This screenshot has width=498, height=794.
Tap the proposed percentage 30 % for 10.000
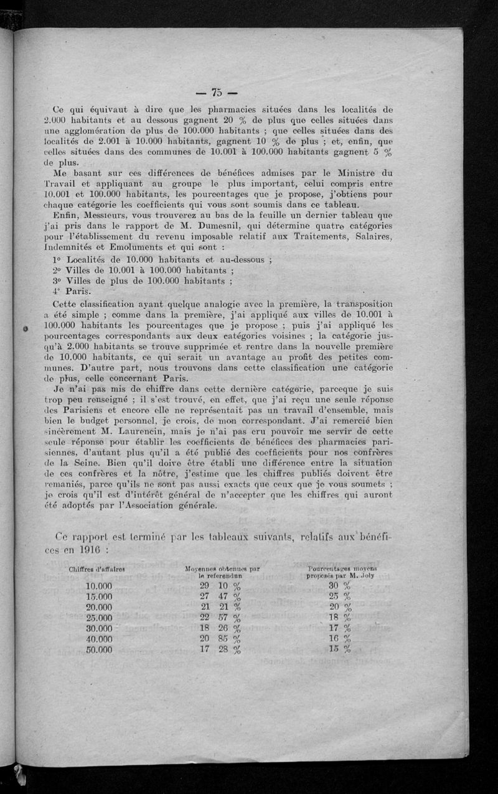[x=340, y=586]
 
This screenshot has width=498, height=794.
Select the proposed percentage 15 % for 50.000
[x=340, y=650]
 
